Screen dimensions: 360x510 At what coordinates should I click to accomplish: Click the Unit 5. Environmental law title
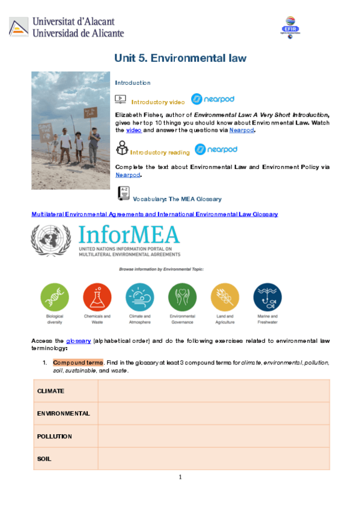pyautogui.click(x=180, y=58)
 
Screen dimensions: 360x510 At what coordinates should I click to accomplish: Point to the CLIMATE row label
pyautogui.click(x=50, y=391)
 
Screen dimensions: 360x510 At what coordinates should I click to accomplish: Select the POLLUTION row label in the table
pyautogui.click(x=54, y=436)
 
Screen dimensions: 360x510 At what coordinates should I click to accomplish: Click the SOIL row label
pyautogui.click(x=44, y=458)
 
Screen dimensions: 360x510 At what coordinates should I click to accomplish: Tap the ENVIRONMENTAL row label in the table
pyautogui.click(x=63, y=413)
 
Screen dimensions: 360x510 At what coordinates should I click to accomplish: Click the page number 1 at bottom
pyautogui.click(x=180, y=478)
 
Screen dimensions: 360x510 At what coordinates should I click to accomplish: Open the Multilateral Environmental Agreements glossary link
pyautogui.click(x=154, y=214)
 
